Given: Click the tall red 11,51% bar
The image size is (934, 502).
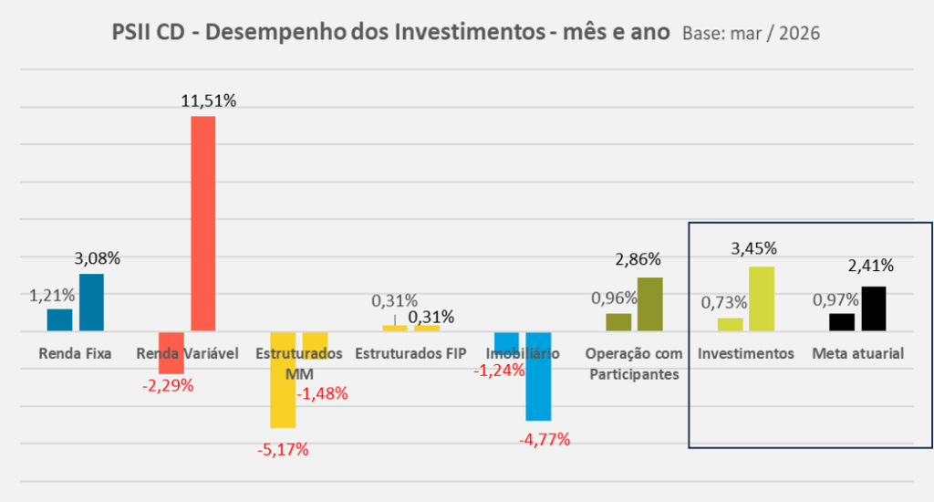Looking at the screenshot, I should [202, 223].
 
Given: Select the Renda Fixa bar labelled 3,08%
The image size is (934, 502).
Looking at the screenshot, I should [91, 302].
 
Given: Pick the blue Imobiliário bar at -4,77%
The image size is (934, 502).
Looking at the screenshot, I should [538, 376].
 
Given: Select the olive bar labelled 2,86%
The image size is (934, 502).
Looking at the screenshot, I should [649, 304].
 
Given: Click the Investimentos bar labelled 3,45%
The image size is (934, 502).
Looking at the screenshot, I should [762, 298].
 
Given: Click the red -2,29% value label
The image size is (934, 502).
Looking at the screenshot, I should [167, 385].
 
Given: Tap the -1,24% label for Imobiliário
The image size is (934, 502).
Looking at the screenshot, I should [499, 371].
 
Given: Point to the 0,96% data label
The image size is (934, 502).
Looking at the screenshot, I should [613, 298].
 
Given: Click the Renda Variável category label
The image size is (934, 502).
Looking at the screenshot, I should [186, 353].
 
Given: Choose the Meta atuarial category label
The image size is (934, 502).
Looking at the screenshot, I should [857, 353].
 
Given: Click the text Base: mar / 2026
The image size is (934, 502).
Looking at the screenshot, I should [750, 34].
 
